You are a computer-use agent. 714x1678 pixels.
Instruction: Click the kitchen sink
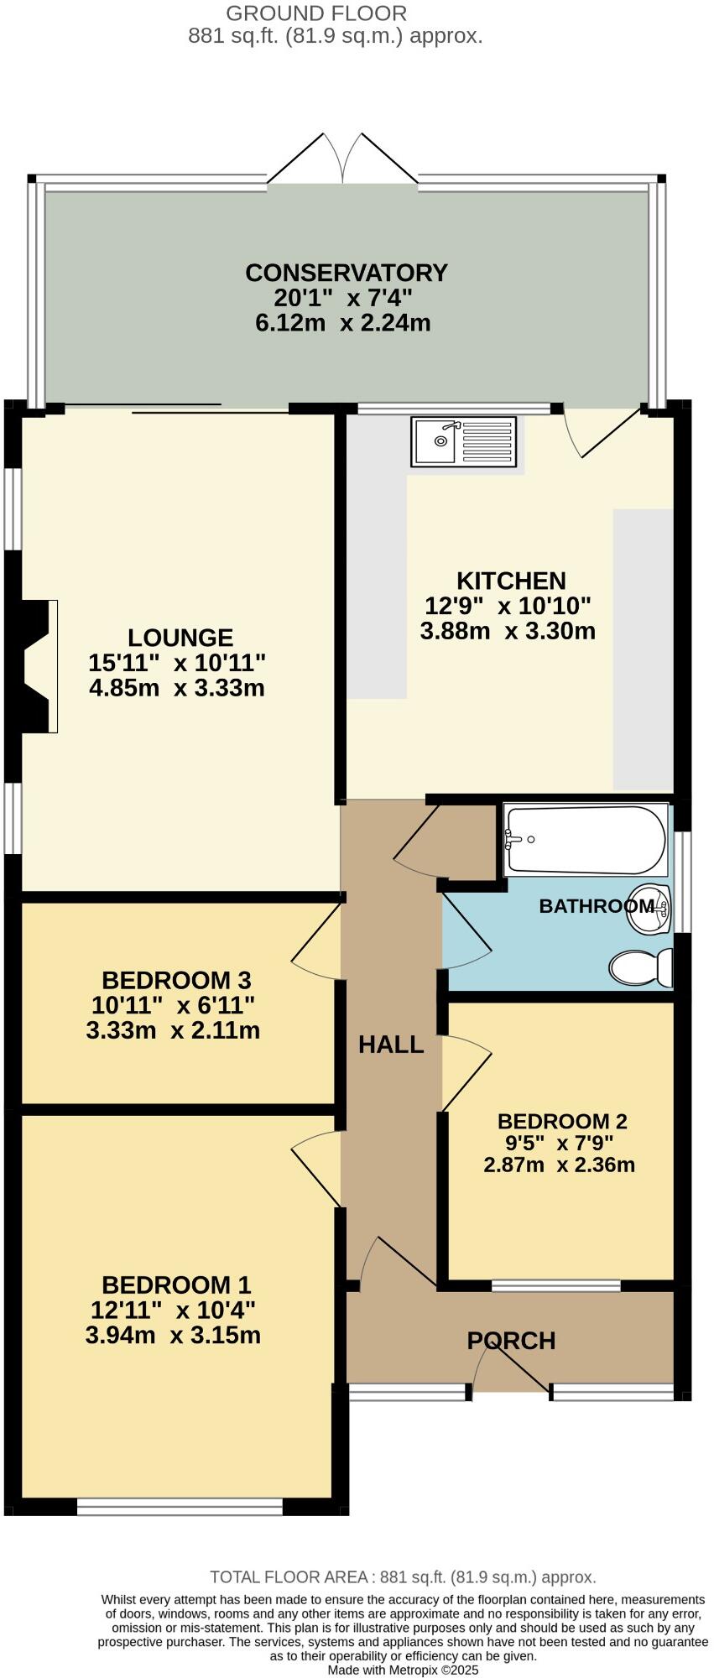[465, 441]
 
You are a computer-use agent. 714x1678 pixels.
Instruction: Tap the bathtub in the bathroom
[585, 840]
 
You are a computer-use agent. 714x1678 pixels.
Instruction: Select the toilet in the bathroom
[641, 967]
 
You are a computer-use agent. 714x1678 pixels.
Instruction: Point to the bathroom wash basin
[649, 909]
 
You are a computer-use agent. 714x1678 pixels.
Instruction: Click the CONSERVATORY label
[346, 273]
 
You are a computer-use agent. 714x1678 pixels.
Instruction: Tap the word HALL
[391, 1045]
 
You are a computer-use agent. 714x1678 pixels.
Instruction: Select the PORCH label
[511, 1341]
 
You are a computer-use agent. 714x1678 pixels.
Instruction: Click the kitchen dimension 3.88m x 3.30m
[508, 631]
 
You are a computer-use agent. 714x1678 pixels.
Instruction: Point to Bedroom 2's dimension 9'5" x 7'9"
[560, 1143]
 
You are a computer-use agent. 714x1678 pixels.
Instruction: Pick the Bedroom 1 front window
[180, 1508]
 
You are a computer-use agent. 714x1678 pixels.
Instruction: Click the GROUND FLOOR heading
[316, 13]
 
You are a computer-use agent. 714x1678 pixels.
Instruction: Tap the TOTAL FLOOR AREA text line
[403, 1576]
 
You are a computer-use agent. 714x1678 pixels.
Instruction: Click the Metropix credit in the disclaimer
[403, 1670]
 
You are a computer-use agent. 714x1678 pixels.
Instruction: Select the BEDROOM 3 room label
[176, 980]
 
